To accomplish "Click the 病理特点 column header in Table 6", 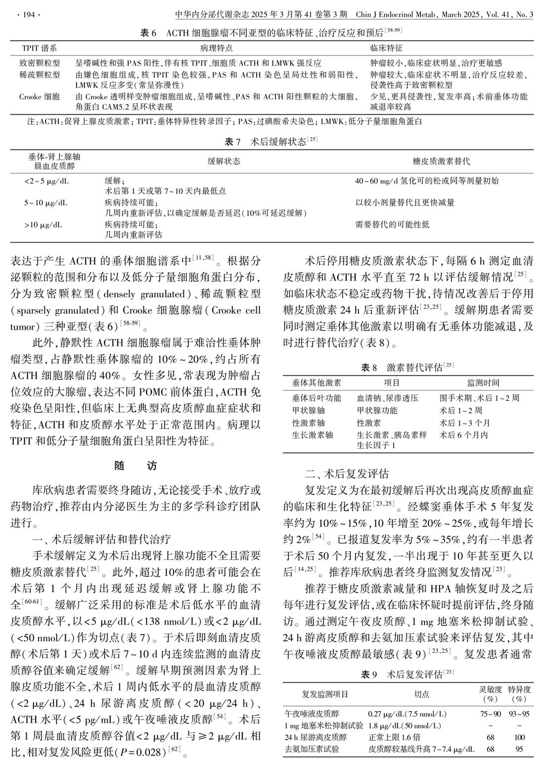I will click(216, 48).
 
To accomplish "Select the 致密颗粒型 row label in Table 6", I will click(40, 63).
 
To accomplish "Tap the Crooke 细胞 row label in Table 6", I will click(40, 96).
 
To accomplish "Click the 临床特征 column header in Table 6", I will click(386, 48).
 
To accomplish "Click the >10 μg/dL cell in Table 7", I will click(43, 225).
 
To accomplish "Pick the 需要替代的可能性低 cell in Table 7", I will click(392, 225).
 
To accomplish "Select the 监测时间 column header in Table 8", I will click(483, 383).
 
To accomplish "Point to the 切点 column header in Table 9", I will click(421, 694).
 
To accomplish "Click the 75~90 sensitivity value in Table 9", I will click(490, 714).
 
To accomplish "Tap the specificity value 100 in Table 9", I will click(519, 737).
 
